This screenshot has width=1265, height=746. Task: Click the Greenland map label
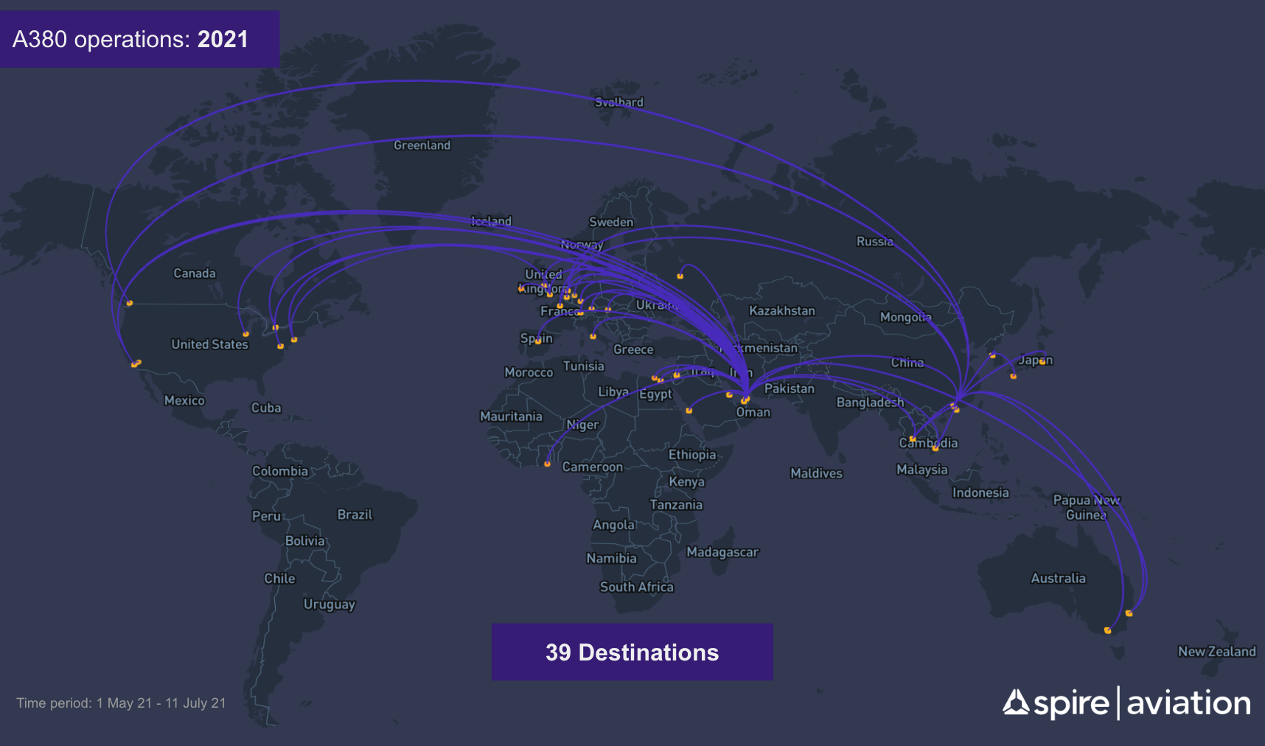pyautogui.click(x=422, y=145)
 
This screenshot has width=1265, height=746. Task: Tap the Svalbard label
pyautogui.click(x=619, y=102)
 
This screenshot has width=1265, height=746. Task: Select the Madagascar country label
pyautogui.click(x=722, y=552)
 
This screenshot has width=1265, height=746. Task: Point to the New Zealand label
pyautogui.click(x=1216, y=652)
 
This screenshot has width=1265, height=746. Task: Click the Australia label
pyautogui.click(x=1058, y=579)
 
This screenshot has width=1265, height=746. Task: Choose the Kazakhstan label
pyautogui.click(x=782, y=311)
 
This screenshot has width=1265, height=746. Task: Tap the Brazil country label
pyautogui.click(x=355, y=515)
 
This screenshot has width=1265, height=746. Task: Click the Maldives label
pyautogui.click(x=816, y=473)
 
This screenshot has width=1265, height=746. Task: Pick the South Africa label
pyautogui.click(x=636, y=587)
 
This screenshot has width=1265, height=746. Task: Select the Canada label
pyautogui.click(x=195, y=273)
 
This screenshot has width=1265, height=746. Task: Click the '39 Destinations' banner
pyautogui.click(x=632, y=652)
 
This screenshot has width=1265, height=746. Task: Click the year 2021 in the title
pyautogui.click(x=223, y=39)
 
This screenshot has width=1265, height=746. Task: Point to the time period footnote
pyautogui.click(x=121, y=703)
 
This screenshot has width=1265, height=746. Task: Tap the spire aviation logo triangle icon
pyautogui.click(x=1015, y=703)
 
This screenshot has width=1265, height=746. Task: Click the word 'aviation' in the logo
pyautogui.click(x=1188, y=703)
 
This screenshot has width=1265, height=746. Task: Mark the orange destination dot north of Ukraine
pyautogui.click(x=680, y=276)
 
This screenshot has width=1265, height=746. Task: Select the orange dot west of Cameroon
pyautogui.click(x=547, y=464)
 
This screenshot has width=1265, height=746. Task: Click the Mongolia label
pyautogui.click(x=905, y=317)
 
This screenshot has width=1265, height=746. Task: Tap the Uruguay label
pyautogui.click(x=329, y=604)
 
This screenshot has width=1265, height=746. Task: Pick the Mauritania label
pyautogui.click(x=511, y=416)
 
